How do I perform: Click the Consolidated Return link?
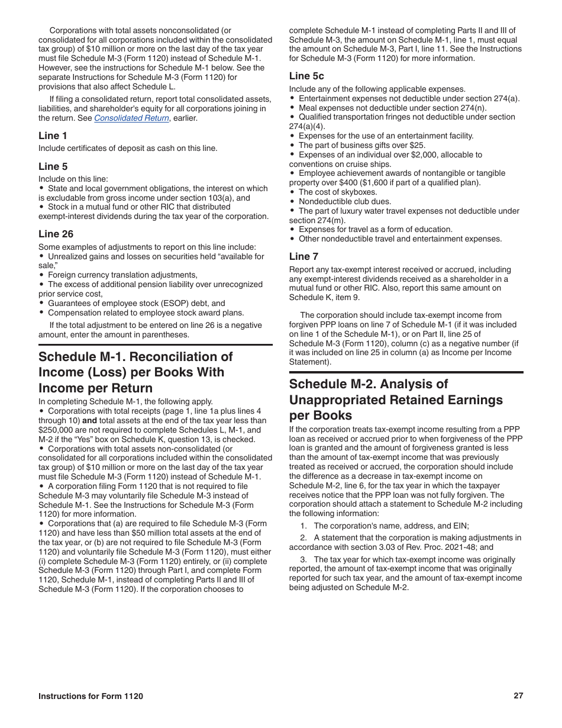coord(131,118)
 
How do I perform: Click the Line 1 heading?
coord(53,136)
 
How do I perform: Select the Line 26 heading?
coord(56,234)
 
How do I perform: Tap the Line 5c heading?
coord(306,76)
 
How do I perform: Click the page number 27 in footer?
coord(518,696)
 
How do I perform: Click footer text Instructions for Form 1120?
coord(91,697)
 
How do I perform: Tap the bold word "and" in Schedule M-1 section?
coord(89,420)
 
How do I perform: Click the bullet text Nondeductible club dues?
coord(345,201)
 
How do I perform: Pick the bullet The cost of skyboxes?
coord(338,192)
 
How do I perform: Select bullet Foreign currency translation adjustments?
coord(122,275)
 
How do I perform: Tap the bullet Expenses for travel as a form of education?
coord(375,229)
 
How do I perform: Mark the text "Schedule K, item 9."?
coord(324,297)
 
